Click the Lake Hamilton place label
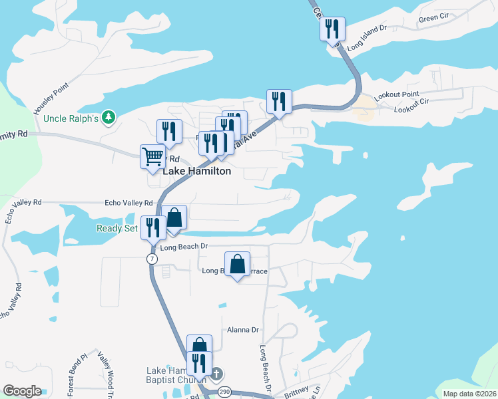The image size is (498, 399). tap(197, 171)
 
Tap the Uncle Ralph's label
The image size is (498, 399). tap(71, 118)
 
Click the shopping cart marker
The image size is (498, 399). tap(153, 158)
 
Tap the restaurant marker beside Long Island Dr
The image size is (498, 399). tap(332, 29)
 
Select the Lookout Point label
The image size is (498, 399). tap(396, 96)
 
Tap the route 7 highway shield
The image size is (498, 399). tap(152, 258)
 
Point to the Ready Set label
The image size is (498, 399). tap(117, 228)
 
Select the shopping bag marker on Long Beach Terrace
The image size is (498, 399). tap(238, 265)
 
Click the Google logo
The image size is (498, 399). tap(22, 391)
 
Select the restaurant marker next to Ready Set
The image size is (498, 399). tap(154, 227)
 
